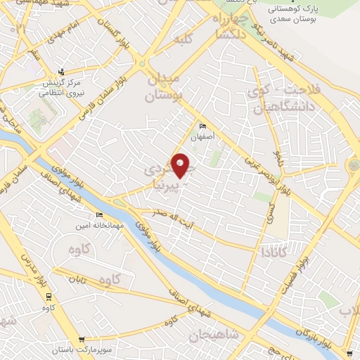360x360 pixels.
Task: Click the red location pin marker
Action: [x=181, y=165]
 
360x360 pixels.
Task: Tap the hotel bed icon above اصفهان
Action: [x=194, y=126]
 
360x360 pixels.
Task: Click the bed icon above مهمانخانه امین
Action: [x=99, y=215]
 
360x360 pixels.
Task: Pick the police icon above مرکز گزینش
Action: [x=62, y=71]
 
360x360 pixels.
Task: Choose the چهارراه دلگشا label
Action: [x=229, y=27]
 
